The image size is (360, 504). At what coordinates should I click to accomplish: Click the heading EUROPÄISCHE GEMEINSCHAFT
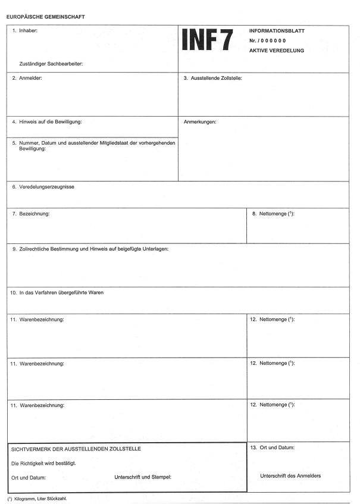45,17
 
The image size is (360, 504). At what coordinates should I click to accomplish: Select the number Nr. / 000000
268,40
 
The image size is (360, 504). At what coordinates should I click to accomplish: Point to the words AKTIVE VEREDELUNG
277,51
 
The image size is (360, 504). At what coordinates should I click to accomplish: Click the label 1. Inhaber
26,30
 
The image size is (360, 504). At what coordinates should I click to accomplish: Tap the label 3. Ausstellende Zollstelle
212,78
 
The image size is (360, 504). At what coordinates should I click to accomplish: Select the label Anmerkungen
201,122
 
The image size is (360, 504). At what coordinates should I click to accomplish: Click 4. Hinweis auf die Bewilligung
47,122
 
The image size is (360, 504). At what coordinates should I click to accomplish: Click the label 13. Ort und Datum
273,447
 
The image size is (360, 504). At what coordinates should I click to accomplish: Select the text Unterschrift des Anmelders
290,475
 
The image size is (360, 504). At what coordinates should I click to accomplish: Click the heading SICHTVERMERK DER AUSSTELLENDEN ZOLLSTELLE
76,449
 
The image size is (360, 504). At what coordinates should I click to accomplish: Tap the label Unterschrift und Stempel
142,477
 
